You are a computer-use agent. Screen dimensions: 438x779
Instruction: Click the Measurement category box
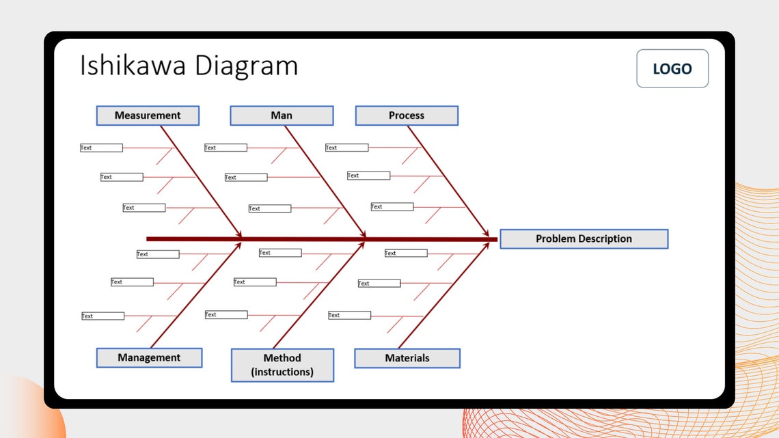coord(148,115)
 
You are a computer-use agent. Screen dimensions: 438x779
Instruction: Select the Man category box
coord(282,115)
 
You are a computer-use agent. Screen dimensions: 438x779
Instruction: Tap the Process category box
coord(407,115)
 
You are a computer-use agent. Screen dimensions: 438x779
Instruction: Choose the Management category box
coord(149,357)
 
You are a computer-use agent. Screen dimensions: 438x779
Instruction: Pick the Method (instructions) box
coord(282,365)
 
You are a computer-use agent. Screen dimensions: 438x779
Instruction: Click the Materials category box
coord(407,358)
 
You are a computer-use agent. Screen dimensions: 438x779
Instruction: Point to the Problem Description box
coord(584,238)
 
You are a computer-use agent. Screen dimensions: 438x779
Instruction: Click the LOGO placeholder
coord(672,68)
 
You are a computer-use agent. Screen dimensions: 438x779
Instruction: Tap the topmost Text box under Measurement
coord(101,148)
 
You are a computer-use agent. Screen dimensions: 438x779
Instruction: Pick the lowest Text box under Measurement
coord(143,208)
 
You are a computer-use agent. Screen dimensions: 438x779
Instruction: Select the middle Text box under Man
coord(246,178)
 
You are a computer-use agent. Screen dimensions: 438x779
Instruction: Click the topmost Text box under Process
coord(346,148)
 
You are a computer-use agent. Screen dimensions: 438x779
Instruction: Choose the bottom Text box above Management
coord(102,316)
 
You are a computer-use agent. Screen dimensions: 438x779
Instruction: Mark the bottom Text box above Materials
coord(349,315)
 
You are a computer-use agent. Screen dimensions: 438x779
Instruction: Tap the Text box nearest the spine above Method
coord(279,253)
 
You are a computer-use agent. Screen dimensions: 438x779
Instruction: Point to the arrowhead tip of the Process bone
coord(489,236)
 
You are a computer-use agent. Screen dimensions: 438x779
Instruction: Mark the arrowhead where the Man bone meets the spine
coord(366,236)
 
